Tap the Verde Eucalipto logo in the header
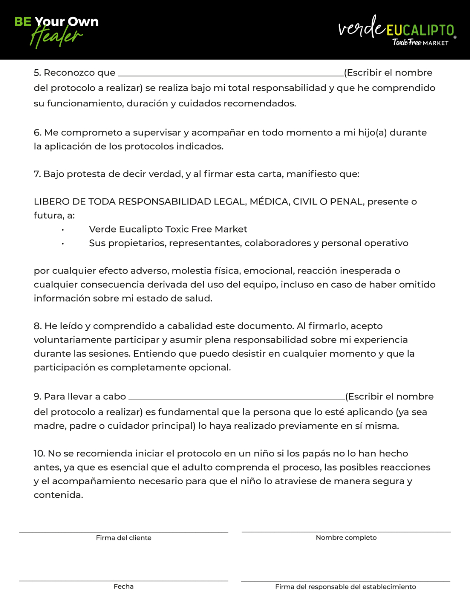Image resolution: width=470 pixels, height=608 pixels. point(396,30)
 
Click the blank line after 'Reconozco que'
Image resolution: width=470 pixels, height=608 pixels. point(231,75)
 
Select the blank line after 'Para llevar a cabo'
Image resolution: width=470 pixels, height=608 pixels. point(237,398)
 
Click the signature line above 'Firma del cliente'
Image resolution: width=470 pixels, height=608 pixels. point(123,532)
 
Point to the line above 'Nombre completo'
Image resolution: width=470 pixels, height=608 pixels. point(346,532)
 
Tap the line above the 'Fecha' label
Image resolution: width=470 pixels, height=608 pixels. point(123,581)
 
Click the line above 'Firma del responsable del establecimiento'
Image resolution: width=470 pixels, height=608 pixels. point(345,581)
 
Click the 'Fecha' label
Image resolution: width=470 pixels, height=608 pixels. point(123,586)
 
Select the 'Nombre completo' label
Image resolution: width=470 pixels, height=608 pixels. point(346,537)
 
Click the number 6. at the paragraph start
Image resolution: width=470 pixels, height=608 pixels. point(38,133)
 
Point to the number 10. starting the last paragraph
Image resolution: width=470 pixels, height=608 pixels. point(39,453)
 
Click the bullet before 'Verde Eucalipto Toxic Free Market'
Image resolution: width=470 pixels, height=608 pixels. point(63,230)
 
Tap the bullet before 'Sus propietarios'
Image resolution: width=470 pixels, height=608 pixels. point(63,244)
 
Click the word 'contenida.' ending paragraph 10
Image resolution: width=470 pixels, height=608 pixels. point(58,495)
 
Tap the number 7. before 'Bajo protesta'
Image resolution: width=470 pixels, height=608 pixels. point(37,174)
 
